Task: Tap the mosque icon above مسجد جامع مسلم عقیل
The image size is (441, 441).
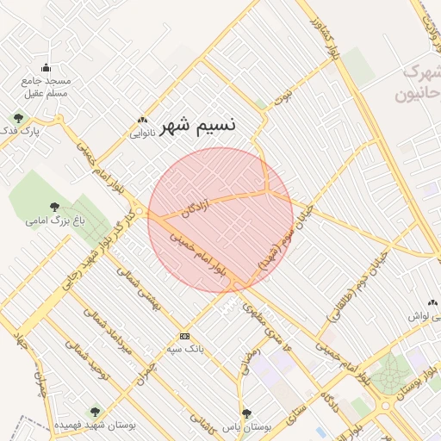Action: point(46,68)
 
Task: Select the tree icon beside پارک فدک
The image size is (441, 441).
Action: point(18,118)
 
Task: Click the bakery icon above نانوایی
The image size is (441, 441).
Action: point(142,121)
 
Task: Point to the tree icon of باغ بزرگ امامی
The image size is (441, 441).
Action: point(55,207)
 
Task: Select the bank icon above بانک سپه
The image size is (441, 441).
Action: point(183,336)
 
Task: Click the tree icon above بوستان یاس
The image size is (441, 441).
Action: point(247,413)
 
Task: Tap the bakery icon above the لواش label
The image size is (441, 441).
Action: point(432,303)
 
